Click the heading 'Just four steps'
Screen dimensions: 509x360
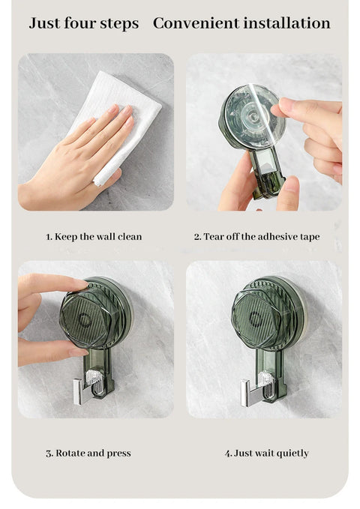click(83, 23)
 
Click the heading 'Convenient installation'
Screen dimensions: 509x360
click(241, 23)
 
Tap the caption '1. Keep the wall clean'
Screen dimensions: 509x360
click(94, 237)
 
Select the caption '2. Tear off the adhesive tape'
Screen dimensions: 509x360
click(256, 237)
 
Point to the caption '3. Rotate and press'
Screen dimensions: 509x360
click(88, 453)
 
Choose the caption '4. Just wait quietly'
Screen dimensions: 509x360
click(266, 453)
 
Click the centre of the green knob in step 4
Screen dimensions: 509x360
click(257, 319)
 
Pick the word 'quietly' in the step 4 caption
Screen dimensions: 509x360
click(292, 453)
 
